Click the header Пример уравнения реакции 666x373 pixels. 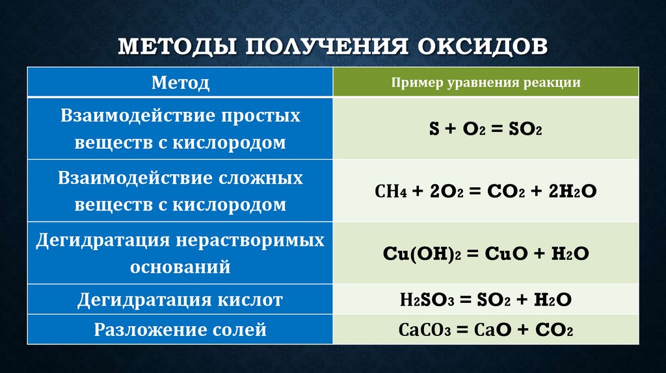pos(486,83)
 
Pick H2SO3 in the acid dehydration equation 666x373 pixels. pos(423,300)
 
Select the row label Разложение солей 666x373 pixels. pos(180,329)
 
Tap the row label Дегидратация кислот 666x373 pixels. pos(180,300)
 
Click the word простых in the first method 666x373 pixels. pos(262,116)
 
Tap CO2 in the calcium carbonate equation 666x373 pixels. pos(554,330)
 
